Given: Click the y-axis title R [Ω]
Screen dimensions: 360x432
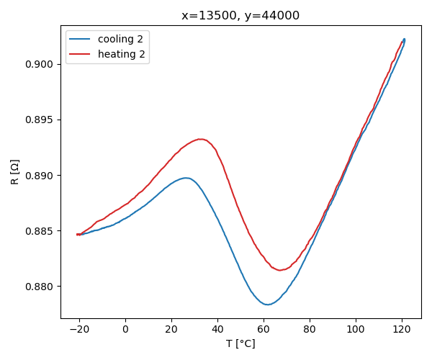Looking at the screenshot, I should click(x=14, y=172).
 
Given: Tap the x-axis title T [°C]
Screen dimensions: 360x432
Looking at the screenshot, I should click(x=240, y=343).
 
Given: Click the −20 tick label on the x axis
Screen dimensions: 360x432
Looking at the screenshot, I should click(x=79, y=329).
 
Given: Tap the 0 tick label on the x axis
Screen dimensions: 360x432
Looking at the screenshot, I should click(x=125, y=329).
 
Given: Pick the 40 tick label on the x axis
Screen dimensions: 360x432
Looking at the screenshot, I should click(x=217, y=329).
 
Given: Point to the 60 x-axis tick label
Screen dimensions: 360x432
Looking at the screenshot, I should click(x=264, y=329).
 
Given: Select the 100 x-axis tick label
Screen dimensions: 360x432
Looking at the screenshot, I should click(x=356, y=329).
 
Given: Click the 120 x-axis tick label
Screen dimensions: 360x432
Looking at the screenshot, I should click(x=402, y=329).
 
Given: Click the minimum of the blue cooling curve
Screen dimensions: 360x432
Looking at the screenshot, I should click(x=267, y=305).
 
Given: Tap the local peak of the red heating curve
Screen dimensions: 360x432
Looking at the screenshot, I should click(x=200, y=139).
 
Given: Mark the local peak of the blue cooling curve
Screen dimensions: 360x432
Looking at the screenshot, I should click(x=186, y=178).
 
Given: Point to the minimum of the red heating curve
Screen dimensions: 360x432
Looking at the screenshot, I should click(x=279, y=270).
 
